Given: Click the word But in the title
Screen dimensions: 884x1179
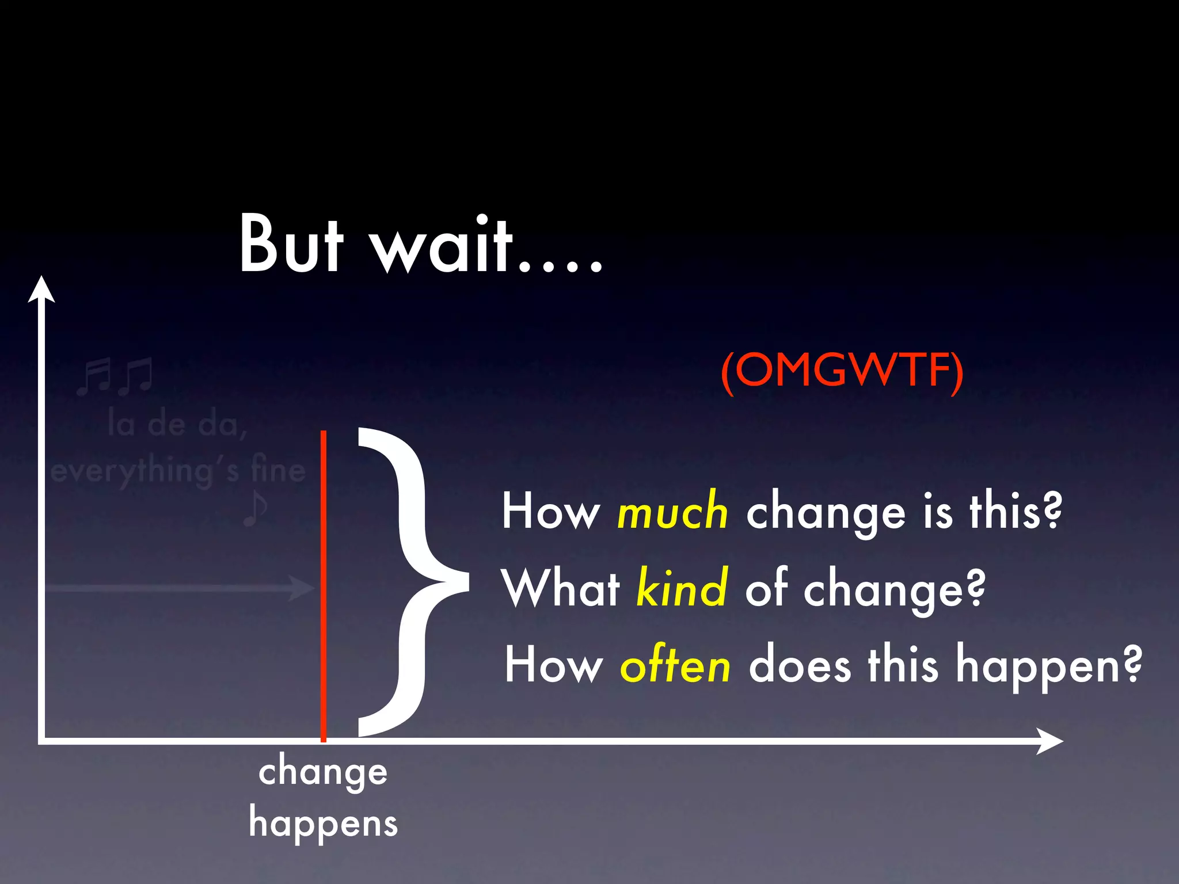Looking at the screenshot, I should tap(291, 245).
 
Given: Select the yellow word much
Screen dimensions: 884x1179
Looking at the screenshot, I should tap(672, 512).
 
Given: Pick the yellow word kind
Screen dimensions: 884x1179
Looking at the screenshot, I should tap(682, 588).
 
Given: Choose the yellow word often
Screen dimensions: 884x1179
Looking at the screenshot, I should tap(675, 665).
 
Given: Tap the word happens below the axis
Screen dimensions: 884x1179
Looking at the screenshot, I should tap(323, 824).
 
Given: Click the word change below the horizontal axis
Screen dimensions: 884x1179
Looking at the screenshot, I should tap(323, 773).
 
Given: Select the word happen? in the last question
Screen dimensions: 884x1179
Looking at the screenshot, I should tap(1048, 666).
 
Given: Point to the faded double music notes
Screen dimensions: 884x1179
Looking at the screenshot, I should tap(115, 376).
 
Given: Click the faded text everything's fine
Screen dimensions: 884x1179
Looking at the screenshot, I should tap(178, 471).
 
